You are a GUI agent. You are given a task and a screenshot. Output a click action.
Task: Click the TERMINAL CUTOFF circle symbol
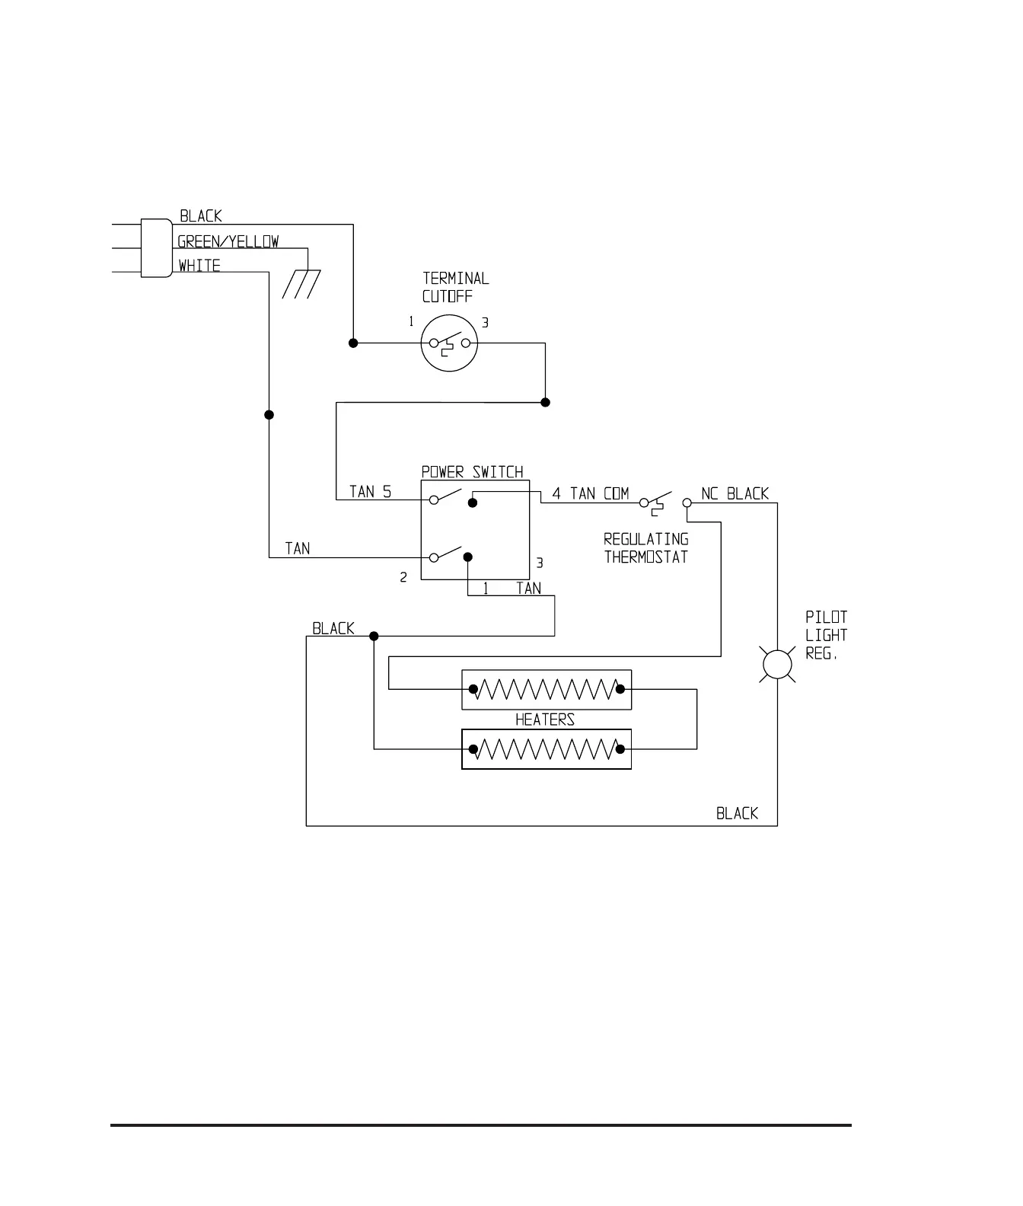click(449, 343)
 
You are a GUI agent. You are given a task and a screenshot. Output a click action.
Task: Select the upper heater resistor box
click(547, 690)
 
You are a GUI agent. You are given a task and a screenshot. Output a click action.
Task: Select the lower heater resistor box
click(547, 749)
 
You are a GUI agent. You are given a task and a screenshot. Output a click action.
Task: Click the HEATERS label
click(545, 719)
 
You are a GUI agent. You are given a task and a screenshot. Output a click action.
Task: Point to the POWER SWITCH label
click(473, 472)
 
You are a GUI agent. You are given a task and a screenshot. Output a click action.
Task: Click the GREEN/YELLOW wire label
click(228, 242)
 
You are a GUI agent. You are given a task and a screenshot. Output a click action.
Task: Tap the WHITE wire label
click(199, 266)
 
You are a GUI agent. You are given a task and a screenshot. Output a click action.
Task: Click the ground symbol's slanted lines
click(298, 284)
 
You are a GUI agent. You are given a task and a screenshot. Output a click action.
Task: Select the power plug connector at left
click(156, 248)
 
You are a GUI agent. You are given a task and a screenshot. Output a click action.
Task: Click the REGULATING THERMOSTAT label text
click(646, 548)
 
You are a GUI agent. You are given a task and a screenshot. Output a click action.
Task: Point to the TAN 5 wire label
click(371, 492)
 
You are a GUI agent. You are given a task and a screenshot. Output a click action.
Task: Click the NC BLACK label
click(735, 493)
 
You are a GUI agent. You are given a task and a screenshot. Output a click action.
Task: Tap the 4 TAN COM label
click(591, 493)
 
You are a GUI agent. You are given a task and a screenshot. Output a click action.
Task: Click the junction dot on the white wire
click(269, 415)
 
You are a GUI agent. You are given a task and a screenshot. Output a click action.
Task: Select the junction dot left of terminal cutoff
click(353, 343)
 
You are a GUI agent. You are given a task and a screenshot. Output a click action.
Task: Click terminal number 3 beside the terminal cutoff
click(485, 323)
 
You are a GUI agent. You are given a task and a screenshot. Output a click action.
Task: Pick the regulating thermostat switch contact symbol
click(656, 502)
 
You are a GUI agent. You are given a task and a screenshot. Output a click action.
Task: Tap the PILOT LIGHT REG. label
click(826, 635)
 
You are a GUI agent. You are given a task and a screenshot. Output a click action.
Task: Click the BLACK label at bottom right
click(737, 813)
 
